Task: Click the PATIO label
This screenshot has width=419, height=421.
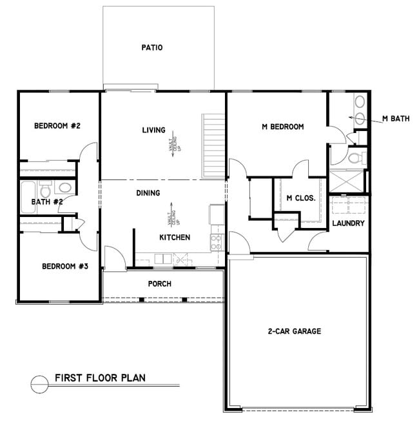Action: point(152,47)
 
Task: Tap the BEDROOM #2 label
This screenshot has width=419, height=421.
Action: point(57,125)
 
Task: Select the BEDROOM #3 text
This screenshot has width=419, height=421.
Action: point(64,266)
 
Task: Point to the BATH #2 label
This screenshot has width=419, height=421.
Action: point(46,202)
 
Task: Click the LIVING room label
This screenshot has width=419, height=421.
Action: point(153,130)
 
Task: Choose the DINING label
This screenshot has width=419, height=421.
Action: point(148,192)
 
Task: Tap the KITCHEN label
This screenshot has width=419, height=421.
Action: point(175,238)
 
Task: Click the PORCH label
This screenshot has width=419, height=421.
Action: point(159,283)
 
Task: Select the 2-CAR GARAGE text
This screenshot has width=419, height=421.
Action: point(294,331)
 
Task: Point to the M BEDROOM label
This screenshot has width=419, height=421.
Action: point(282,127)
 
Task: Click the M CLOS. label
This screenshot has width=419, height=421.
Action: point(300,198)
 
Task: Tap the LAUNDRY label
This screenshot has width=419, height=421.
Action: point(348,223)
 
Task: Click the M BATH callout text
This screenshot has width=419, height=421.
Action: point(396,118)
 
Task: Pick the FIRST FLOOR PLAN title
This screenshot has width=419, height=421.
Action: point(100,378)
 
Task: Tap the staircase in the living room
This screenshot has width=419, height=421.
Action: point(213,147)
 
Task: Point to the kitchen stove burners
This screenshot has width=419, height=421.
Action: point(217,242)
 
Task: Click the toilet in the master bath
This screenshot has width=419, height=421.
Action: point(354,157)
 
